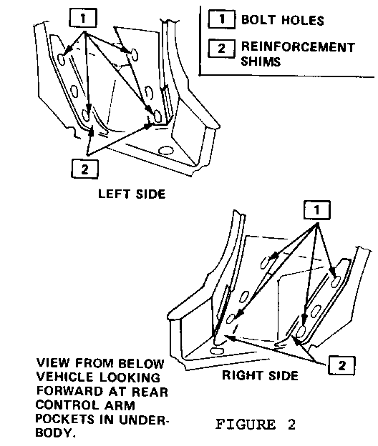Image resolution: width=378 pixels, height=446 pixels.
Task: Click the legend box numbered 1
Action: [x=222, y=19]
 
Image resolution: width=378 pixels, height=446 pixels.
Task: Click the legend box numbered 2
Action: [x=222, y=49]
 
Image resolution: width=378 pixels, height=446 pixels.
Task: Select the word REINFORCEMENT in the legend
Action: [x=298, y=47]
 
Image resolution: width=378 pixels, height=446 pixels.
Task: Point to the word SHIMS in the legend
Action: [x=261, y=61]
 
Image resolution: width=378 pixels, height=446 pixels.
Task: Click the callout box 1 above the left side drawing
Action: [x=83, y=18]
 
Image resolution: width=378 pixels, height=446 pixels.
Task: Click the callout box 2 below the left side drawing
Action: [x=84, y=169]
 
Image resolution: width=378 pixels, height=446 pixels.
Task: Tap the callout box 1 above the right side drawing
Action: [x=316, y=210]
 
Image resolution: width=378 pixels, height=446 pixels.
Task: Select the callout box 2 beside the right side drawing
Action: [x=341, y=365]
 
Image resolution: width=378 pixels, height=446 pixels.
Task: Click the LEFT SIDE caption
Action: [x=132, y=194]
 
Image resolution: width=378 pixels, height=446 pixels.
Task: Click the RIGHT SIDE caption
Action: [x=260, y=375]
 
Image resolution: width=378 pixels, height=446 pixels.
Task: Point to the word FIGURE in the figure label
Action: [x=246, y=425]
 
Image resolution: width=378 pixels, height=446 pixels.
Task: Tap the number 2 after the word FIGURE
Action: [x=291, y=425]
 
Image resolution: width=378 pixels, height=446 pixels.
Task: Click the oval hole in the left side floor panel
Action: [x=166, y=150]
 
